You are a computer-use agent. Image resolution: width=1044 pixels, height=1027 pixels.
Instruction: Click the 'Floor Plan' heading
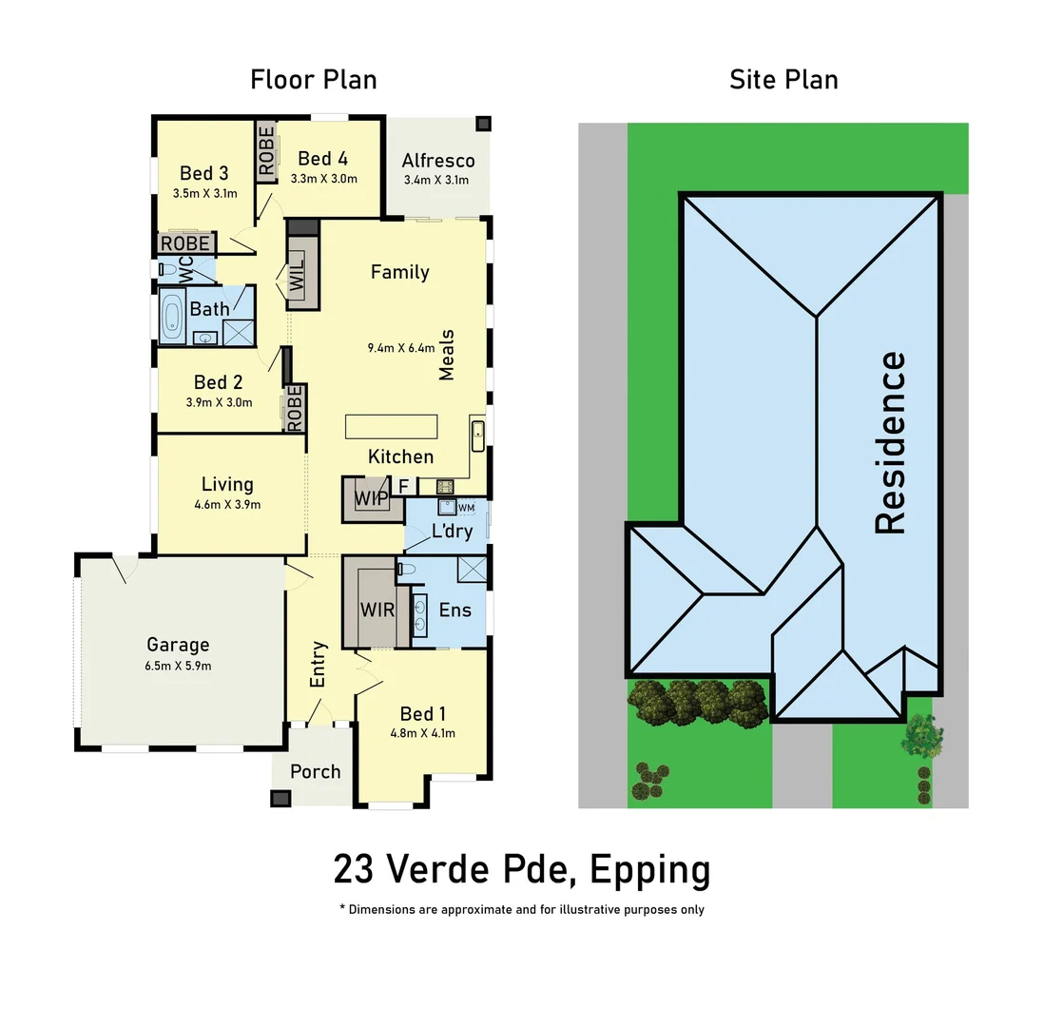(313, 80)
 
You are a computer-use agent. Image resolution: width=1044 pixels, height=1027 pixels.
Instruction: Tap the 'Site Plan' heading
(783, 80)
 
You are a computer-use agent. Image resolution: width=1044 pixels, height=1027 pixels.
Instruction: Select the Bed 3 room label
(203, 173)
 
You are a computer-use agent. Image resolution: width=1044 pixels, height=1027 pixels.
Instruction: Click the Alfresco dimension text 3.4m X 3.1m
(436, 181)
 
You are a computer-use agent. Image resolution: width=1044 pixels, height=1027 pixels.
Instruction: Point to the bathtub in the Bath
(172, 317)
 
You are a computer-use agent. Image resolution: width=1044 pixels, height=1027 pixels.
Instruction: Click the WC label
(185, 269)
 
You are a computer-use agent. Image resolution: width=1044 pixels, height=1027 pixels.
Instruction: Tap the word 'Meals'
(447, 355)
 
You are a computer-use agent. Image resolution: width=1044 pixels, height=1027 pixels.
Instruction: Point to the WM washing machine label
(465, 509)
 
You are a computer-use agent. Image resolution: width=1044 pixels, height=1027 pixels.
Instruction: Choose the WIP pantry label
(371, 498)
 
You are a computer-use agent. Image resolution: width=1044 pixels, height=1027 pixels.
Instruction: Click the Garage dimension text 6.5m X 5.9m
(177, 666)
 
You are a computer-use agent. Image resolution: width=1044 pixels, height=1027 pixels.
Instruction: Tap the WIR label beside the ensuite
(377, 609)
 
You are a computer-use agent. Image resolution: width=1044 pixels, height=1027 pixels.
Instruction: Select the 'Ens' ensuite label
(454, 610)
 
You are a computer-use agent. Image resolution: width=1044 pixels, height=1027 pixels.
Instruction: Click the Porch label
(315, 771)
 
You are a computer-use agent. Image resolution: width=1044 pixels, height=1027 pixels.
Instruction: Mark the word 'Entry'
(319, 664)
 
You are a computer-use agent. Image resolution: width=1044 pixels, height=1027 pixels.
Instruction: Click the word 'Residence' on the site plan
(890, 442)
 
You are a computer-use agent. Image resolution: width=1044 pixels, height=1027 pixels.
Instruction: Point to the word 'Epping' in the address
(649, 869)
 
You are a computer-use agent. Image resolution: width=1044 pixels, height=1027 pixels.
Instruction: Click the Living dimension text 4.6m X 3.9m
(226, 505)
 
